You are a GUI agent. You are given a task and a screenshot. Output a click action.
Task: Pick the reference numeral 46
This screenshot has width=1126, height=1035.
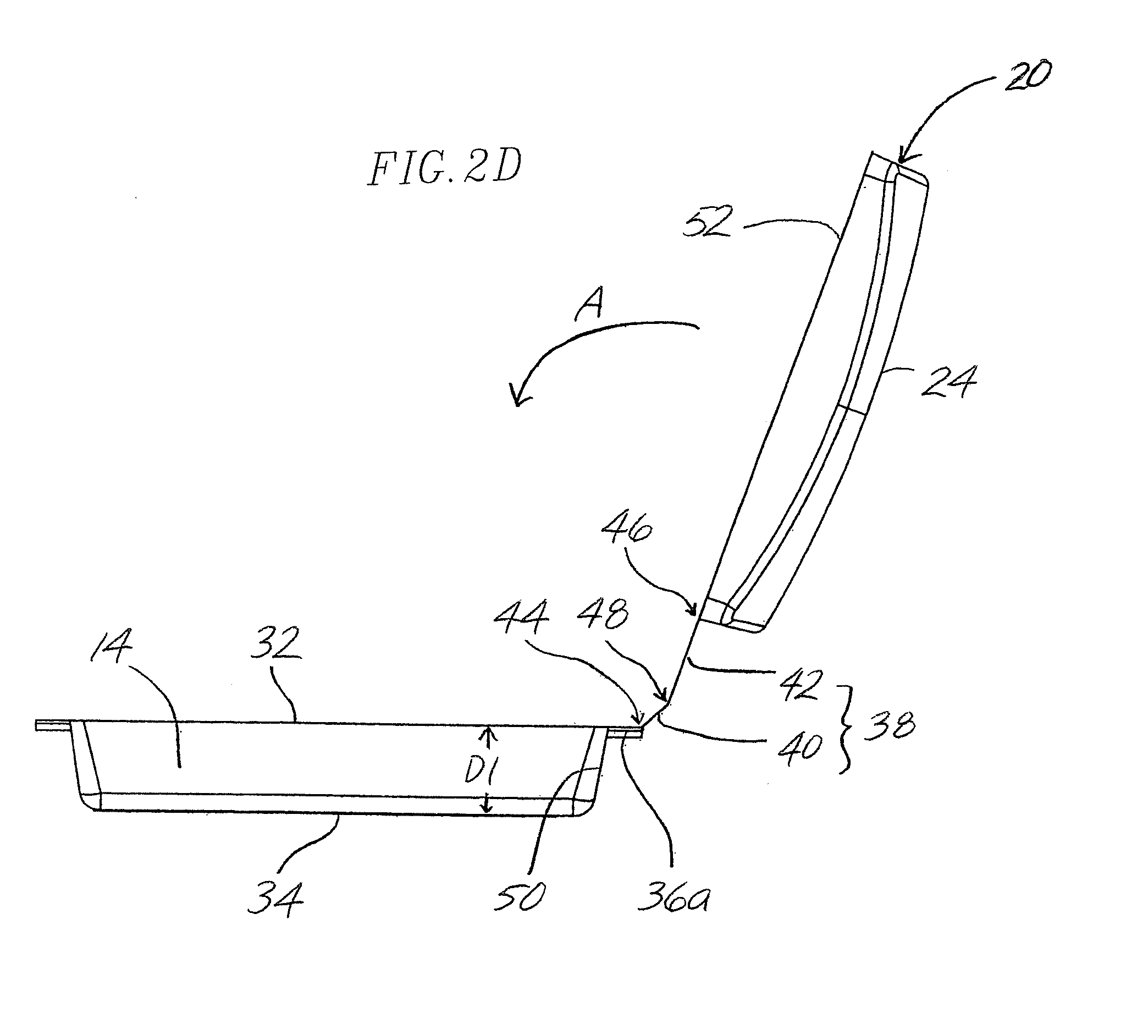point(627,528)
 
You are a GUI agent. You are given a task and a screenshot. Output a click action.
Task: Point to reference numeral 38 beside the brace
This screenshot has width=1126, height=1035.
point(890,725)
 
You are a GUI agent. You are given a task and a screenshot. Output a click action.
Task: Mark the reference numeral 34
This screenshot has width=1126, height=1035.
point(275,900)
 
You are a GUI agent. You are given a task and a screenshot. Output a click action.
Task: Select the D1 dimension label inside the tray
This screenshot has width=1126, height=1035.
point(480,773)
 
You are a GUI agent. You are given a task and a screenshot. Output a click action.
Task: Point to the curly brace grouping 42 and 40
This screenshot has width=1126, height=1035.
point(847,728)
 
